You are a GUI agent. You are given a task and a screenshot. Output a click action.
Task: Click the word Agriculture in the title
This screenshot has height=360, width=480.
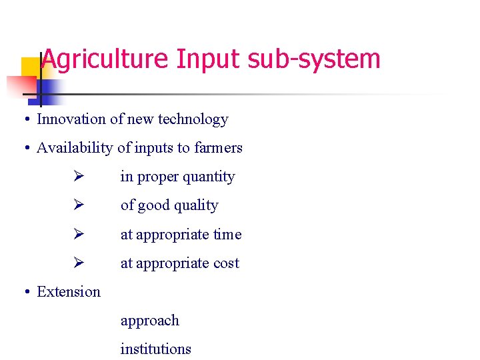pos(105,60)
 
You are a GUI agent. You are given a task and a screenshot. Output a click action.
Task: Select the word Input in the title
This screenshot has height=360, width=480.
pos(209,60)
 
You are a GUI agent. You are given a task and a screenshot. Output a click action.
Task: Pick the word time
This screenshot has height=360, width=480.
pos(227,235)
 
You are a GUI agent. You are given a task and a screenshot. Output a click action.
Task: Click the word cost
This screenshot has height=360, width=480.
pos(226,263)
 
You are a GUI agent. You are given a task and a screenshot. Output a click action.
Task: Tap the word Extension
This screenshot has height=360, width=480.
pos(69,292)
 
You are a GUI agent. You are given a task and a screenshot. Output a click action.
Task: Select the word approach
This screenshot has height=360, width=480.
pos(149,321)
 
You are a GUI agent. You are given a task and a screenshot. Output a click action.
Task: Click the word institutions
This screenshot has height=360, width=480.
pos(155,349)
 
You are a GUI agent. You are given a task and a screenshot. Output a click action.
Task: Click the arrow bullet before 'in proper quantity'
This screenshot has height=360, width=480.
pos(78,177)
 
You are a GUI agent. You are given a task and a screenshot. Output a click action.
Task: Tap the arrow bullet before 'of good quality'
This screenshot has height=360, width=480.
pos(78,205)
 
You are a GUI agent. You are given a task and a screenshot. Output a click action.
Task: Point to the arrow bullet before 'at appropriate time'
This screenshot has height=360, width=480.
pos(78,234)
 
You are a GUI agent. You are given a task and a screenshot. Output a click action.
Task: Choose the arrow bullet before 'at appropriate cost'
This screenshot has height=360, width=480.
pos(78,263)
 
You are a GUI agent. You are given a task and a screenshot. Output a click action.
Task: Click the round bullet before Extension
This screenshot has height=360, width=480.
pos(24,292)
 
